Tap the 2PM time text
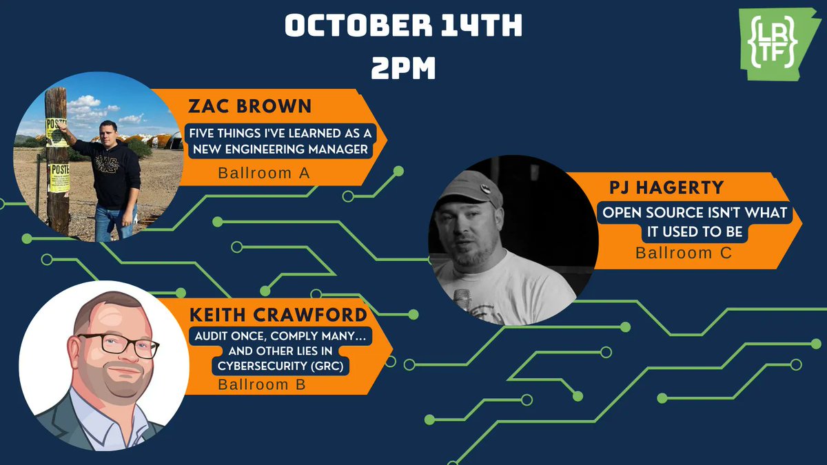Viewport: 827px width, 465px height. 403,68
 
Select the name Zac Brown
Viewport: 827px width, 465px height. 250,107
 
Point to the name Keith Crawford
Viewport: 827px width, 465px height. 280,315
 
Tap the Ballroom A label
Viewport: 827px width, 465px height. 263,173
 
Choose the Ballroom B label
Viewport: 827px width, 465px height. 262,384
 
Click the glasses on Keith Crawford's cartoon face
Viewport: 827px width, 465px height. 118,345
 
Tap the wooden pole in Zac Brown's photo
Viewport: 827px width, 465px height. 57,158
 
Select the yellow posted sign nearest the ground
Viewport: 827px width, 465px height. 59,178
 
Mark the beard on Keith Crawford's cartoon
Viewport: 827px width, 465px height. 117,386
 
